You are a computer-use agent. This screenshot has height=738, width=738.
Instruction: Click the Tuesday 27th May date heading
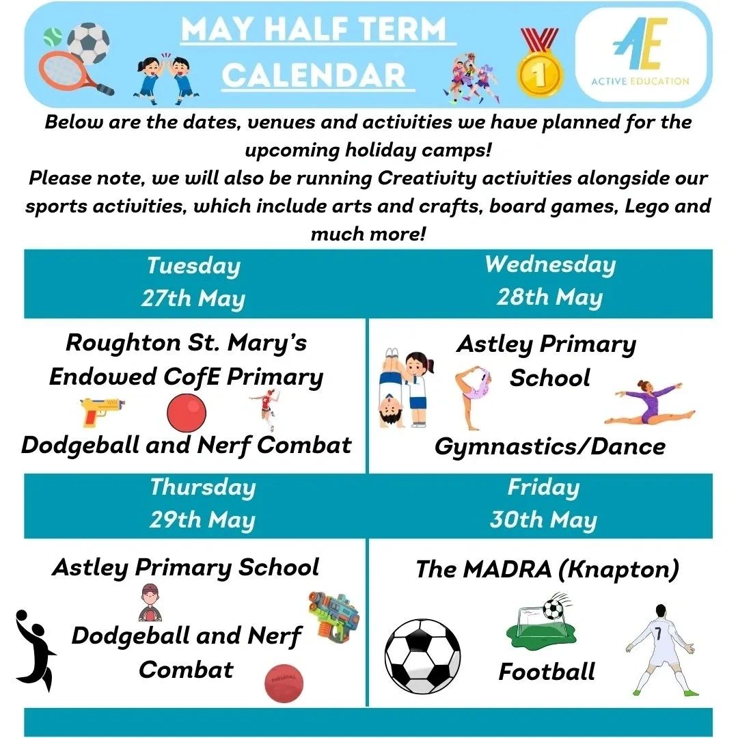(193, 282)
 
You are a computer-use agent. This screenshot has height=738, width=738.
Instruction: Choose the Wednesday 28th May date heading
(549, 281)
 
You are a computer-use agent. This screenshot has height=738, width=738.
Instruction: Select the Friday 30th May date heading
(543, 504)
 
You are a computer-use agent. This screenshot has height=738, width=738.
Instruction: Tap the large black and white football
(422, 656)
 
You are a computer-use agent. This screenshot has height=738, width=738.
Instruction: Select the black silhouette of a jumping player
(33, 645)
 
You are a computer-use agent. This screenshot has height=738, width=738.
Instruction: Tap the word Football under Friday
(547, 671)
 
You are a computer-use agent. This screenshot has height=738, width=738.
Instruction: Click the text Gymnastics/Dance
(549, 446)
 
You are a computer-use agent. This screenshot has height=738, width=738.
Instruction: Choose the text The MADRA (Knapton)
(547, 569)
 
